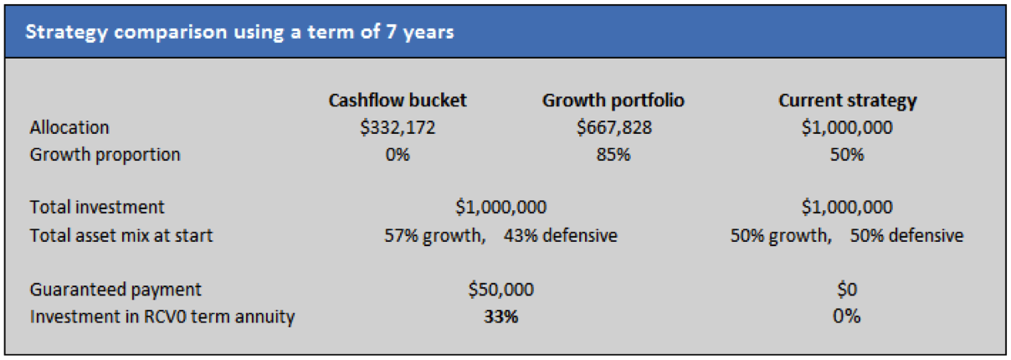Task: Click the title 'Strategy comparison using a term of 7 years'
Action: pos(240,33)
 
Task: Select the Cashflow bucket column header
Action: pos(397,100)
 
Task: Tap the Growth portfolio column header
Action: pos(613,100)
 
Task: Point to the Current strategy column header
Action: pos(847,100)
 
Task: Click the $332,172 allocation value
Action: pos(397,128)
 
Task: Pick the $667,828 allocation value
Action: pos(613,128)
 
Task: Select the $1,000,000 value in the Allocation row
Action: pos(847,128)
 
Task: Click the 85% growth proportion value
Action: pos(613,155)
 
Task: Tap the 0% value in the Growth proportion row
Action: pos(397,155)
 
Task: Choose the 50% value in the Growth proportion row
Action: pos(847,155)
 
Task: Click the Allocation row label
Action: pos(69,128)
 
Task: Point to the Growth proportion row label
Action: pos(105,155)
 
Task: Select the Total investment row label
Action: pos(97,207)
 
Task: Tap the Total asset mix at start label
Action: pos(121,235)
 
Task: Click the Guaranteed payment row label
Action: pos(115,290)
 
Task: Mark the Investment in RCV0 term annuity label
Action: pos(162,317)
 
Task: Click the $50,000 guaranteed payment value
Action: pos(500,290)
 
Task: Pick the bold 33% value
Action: pos(500,317)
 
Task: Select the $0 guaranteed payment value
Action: pos(847,290)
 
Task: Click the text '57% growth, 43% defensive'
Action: pos(500,235)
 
